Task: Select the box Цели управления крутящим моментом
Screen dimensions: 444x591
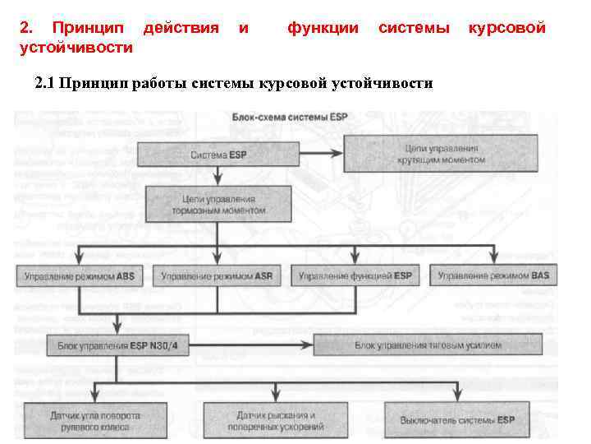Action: click(x=442, y=154)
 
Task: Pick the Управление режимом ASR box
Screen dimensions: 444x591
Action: click(x=218, y=277)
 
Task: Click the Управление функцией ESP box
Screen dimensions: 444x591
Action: click(x=355, y=277)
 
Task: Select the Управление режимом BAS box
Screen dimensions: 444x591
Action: click(x=493, y=277)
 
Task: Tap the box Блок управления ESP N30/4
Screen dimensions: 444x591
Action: click(x=118, y=345)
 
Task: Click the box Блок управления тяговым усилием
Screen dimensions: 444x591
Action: click(x=427, y=345)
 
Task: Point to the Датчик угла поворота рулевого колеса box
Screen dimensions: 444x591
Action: click(x=94, y=420)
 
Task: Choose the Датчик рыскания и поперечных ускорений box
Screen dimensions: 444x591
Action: click(x=276, y=421)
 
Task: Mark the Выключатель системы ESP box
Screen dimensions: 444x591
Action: click(x=457, y=420)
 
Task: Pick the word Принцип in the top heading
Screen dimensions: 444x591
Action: click(x=88, y=28)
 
